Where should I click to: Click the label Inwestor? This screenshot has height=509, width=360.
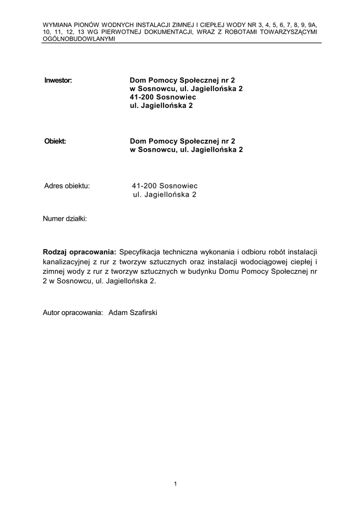pyautogui.click(x=58, y=80)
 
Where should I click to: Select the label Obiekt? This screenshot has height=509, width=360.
pyautogui.click(x=55, y=141)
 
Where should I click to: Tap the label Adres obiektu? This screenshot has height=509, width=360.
pyautogui.click(x=67, y=186)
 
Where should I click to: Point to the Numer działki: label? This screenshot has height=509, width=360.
pyautogui.click(x=65, y=218)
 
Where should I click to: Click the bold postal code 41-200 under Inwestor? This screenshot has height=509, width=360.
pyautogui.click(x=143, y=97)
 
